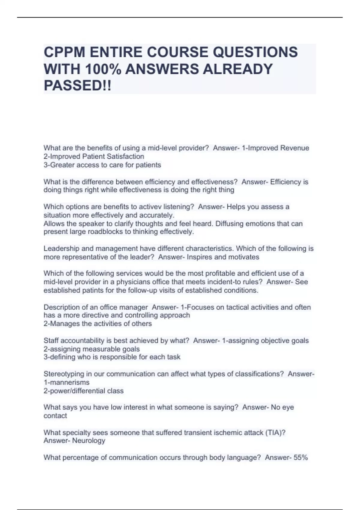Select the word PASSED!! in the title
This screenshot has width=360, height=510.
77,85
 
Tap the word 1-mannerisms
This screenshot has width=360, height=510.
67,382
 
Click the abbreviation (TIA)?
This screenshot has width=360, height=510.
275,433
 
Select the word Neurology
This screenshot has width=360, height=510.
89,441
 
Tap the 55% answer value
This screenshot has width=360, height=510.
301,457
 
